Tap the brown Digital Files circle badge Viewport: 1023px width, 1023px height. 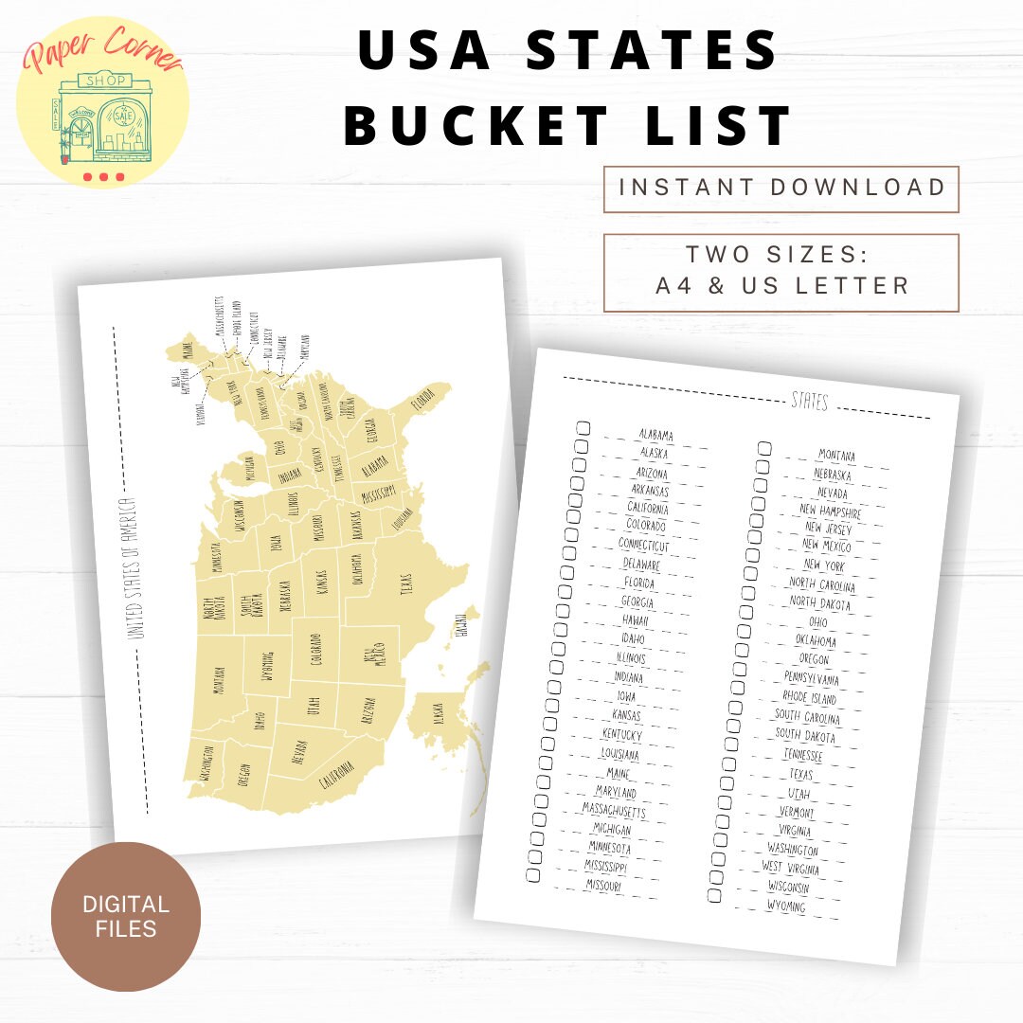125,916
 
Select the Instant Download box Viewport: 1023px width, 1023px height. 781,188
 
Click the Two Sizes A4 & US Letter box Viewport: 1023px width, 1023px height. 781,272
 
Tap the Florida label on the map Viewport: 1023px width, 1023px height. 422,405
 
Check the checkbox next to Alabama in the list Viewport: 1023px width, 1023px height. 583,428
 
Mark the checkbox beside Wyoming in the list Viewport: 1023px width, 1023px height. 714,895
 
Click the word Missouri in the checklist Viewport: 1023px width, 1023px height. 602,887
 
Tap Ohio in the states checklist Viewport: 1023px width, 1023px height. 817,622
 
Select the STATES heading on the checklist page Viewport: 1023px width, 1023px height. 809,403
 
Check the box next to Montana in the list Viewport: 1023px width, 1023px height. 763,448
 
